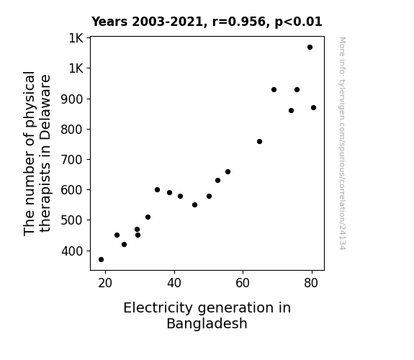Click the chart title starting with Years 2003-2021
tap(207, 22)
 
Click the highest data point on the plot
tap(310, 48)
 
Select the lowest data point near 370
tap(101, 260)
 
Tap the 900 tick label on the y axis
tap(72, 99)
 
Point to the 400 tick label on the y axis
tap(72, 251)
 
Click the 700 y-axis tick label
tap(72, 160)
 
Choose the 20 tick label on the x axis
tap(105, 283)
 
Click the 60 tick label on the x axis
tap(243, 283)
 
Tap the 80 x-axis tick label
tap(311, 283)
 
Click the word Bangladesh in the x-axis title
tap(207, 323)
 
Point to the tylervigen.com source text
tap(342, 143)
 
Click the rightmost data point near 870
tap(314, 108)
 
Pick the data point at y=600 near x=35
tap(158, 190)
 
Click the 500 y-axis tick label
tap(72, 220)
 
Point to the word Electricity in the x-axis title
tap(158, 308)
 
